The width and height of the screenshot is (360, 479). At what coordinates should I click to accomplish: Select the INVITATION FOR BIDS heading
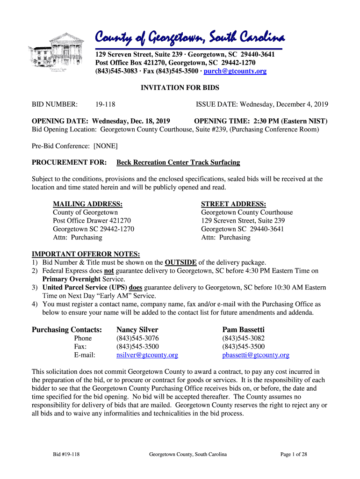click(x=180, y=87)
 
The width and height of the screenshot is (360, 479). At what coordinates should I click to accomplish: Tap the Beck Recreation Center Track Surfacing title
click(x=178, y=163)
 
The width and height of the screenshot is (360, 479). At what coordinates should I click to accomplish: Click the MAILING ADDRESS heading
click(x=88, y=204)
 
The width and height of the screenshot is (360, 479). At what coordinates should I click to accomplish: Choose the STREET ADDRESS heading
click(x=233, y=204)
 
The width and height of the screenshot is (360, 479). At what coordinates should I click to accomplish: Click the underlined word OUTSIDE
click(x=180, y=262)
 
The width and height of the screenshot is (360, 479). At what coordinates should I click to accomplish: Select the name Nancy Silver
click(x=137, y=330)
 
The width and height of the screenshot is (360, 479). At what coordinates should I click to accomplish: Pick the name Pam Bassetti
click(x=243, y=330)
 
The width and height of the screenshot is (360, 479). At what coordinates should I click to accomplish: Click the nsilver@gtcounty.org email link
click(x=147, y=355)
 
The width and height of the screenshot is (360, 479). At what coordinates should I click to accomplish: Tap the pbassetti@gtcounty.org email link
click(x=255, y=355)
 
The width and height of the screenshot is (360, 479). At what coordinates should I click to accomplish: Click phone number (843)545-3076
click(x=137, y=338)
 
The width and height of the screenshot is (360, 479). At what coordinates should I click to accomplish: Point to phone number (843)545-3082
click(x=243, y=338)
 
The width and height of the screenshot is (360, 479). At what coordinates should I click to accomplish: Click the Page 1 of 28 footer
click(x=293, y=454)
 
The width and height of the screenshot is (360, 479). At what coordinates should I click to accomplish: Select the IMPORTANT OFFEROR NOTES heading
click(x=86, y=254)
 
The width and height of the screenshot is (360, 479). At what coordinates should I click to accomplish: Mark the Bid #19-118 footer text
click(x=66, y=454)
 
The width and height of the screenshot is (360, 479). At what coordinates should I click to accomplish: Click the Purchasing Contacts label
click(x=67, y=330)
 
